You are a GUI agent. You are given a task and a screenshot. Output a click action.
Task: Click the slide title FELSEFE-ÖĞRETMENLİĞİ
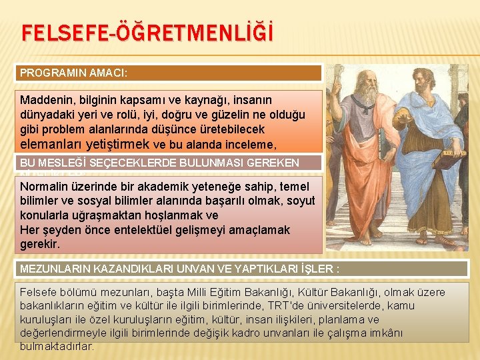(147, 34)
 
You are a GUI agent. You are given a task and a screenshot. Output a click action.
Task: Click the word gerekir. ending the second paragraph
(40, 244)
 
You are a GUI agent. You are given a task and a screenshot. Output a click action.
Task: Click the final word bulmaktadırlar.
(57, 346)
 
